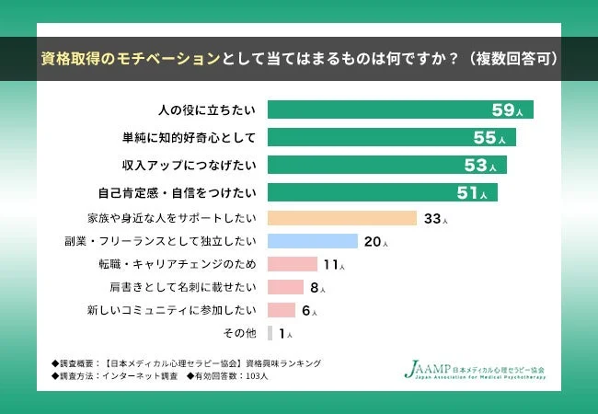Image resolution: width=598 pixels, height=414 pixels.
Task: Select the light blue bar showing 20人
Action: point(312,241)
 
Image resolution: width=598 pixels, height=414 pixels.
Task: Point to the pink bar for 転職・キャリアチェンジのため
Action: point(292,264)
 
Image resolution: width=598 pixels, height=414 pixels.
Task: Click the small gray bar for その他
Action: point(270,333)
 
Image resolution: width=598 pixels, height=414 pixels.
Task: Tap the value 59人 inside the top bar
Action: point(508,110)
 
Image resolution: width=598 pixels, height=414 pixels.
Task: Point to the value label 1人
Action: point(284,333)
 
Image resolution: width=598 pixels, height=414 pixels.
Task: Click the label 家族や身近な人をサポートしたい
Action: point(170,219)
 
